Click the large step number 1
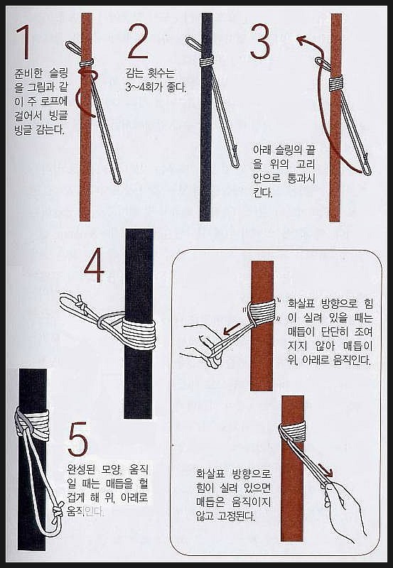tap(23, 42)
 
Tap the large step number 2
tap(139, 41)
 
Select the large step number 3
tap(260, 41)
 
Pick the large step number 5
tap(78, 439)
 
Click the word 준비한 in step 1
tap(28, 75)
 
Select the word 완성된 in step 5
tap(81, 471)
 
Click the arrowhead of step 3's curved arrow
tap(301, 40)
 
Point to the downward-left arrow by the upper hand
tap(231, 329)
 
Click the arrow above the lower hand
tap(325, 470)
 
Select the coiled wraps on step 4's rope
tap(139, 332)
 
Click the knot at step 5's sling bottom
tap(58, 510)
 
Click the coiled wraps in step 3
tap(336, 84)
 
